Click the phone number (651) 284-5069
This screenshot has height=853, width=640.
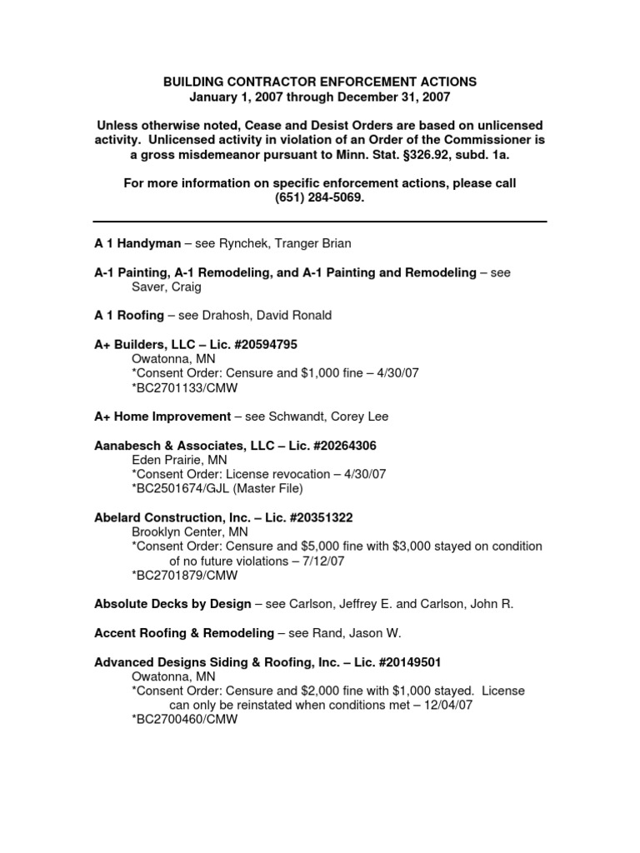pyautogui.click(x=319, y=198)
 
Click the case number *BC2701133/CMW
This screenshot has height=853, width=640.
pyautogui.click(x=184, y=387)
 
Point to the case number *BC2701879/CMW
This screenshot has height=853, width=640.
pyautogui.click(x=184, y=575)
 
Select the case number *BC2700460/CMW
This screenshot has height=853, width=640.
pyautogui.click(x=184, y=719)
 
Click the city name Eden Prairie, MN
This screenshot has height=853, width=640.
pyautogui.click(x=179, y=460)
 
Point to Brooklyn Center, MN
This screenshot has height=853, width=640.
pyautogui.click(x=189, y=531)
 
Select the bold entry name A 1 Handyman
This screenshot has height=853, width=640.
pyautogui.click(x=137, y=243)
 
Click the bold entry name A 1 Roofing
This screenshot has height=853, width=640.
pyautogui.click(x=130, y=315)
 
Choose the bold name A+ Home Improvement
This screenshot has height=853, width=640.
pyautogui.click(x=162, y=417)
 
